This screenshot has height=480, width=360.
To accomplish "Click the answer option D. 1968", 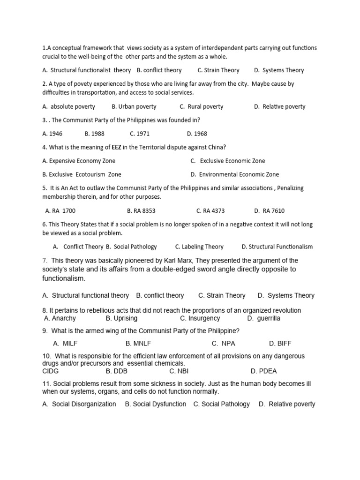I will pos(197,134).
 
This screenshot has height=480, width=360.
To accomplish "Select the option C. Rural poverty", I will pos(201,106).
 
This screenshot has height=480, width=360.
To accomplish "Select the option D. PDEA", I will pos(264,371).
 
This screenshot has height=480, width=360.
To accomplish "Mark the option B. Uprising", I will pos(121,318).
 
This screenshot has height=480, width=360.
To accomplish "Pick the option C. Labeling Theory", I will pos(199,247).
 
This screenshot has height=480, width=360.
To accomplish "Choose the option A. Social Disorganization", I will pos(79,404).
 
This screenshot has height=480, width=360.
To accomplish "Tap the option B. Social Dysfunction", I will pos(155,404).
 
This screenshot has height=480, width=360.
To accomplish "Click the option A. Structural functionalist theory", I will pos(86,70).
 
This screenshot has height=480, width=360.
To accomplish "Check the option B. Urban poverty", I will pos(134,106).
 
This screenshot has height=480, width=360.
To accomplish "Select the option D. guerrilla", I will pos(264,318).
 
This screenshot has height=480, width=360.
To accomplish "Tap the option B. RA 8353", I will pos(141,210).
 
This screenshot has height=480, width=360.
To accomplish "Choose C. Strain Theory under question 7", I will pos(222,295).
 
